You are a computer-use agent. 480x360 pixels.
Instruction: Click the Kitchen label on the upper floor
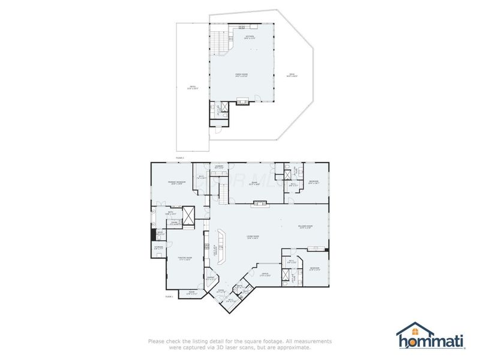pyautogui.click(x=250, y=37)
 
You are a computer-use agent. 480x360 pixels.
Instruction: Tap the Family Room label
pyautogui.click(x=241, y=76)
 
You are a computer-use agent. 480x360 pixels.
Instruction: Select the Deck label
pyautogui.click(x=291, y=76)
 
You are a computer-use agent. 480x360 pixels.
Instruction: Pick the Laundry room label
pyautogui.click(x=219, y=167)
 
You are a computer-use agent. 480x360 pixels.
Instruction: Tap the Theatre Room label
pyautogui.click(x=184, y=259)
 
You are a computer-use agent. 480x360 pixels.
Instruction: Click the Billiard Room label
pyautogui.click(x=304, y=227)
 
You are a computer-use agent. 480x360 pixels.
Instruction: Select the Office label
pyautogui.click(x=265, y=274)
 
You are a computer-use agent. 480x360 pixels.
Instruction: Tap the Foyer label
pyautogui.click(x=220, y=291)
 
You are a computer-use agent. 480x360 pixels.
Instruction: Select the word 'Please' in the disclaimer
pyautogui.click(x=156, y=341)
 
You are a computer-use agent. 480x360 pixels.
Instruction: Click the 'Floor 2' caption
pyautogui.click(x=180, y=157)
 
